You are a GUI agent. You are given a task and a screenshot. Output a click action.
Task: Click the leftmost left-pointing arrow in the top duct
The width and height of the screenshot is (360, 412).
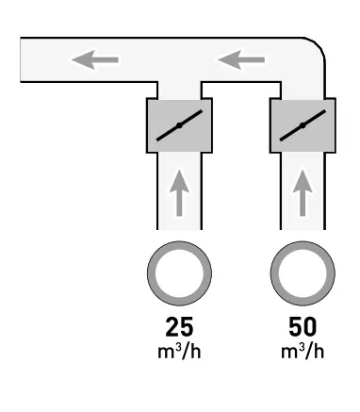[x=95, y=61]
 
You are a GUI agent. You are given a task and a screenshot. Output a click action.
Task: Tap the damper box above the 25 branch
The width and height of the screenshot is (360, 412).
[x=179, y=125]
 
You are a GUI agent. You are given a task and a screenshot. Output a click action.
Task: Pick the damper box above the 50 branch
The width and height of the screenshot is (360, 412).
[x=302, y=125]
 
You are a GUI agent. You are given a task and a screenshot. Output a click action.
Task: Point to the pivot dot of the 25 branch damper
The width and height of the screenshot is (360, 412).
[x=179, y=125]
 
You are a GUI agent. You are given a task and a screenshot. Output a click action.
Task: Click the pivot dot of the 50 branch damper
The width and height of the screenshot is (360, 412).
[x=302, y=125]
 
